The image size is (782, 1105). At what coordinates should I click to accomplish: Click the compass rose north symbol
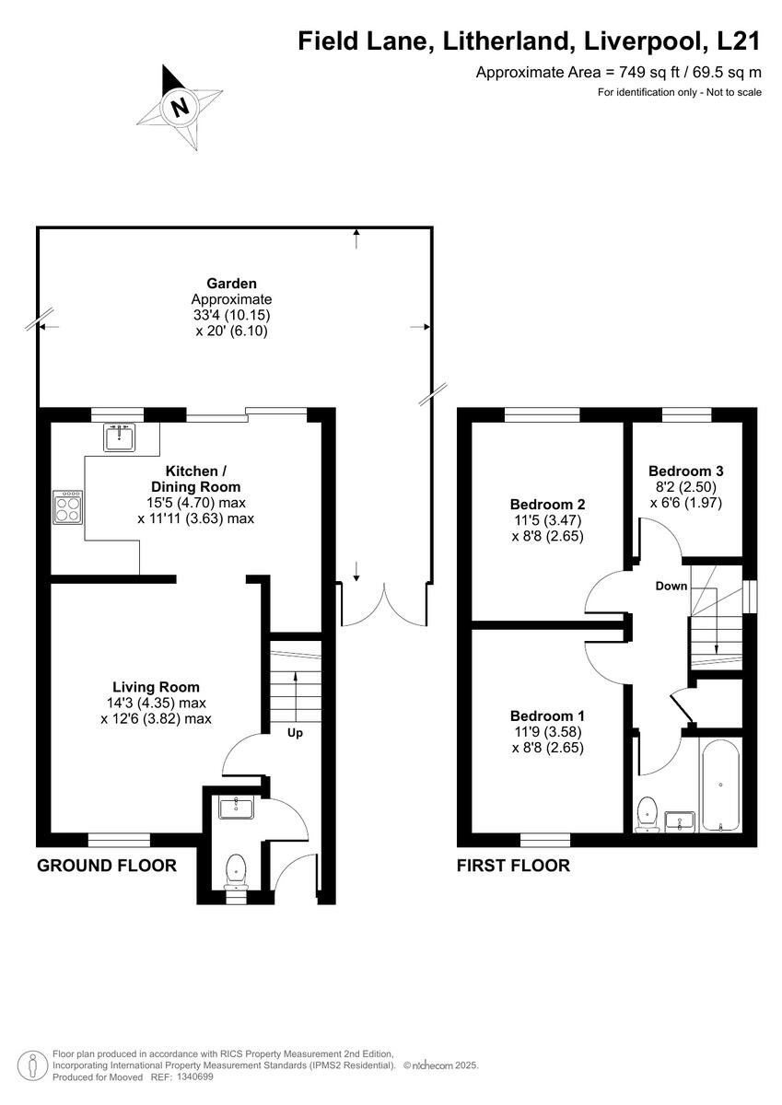[x=177, y=108]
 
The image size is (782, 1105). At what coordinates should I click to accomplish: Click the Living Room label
[x=156, y=687]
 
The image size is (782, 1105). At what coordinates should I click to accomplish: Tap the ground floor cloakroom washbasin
[x=236, y=808]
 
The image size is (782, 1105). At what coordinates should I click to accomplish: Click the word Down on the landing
[x=671, y=586]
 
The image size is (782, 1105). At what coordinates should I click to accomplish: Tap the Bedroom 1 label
[x=547, y=715]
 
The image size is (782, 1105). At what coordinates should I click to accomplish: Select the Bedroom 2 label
[x=547, y=505]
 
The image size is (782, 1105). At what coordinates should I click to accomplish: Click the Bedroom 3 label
[x=685, y=468]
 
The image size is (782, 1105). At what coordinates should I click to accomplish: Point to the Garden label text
[x=231, y=284]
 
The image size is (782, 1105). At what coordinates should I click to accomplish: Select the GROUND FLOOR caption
[x=106, y=866]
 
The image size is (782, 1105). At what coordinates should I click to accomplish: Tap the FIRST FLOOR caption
[x=513, y=866]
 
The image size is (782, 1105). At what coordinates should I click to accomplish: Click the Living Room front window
[x=119, y=838]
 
